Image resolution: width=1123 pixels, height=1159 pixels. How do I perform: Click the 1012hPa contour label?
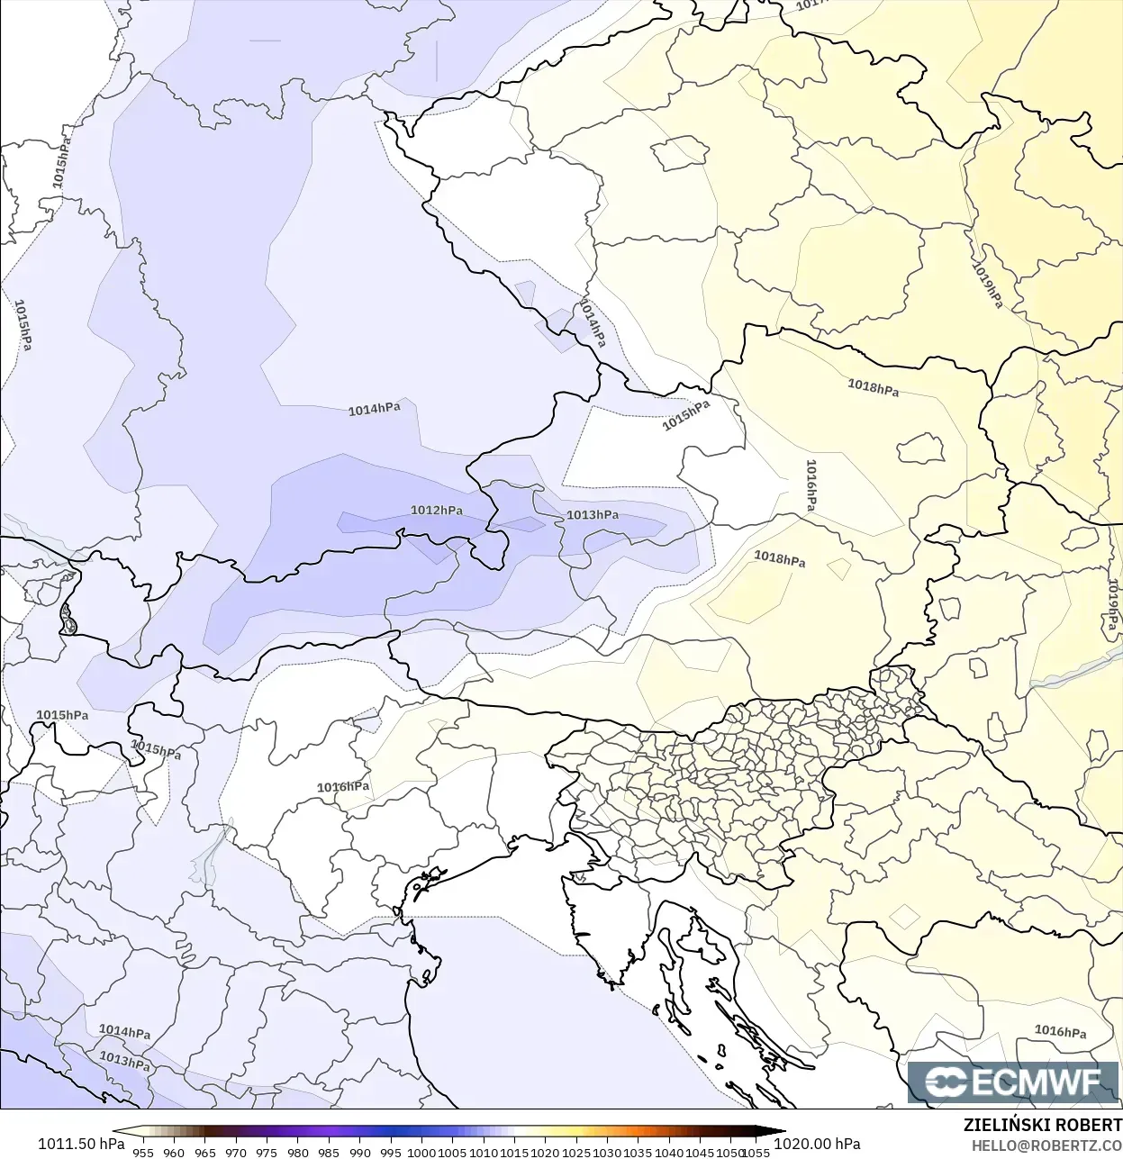[437, 511]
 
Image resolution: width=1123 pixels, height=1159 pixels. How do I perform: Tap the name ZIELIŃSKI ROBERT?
[1042, 1125]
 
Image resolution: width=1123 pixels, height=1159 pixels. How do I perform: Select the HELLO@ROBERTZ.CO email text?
[1046, 1145]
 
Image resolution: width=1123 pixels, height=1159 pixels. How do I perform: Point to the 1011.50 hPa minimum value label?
[81, 1144]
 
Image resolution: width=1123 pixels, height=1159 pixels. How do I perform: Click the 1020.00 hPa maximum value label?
[817, 1144]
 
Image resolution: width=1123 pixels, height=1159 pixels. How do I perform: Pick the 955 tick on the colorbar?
[143, 1152]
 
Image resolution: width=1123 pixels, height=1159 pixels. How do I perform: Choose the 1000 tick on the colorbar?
[421, 1152]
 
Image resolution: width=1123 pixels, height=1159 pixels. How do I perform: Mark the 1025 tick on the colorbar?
[576, 1152]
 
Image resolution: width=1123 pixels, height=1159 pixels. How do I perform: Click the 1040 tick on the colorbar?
[669, 1152]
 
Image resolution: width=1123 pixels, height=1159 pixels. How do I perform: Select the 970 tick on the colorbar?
[236, 1152]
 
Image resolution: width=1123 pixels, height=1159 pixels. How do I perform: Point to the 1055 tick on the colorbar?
[756, 1152]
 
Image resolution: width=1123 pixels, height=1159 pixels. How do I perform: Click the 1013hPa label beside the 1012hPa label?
[593, 515]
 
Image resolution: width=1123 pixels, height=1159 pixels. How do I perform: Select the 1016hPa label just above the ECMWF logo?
[1060, 1031]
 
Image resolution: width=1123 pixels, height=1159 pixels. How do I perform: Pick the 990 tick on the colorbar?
[359, 1152]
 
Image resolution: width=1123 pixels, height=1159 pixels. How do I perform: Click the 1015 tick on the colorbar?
[514, 1152]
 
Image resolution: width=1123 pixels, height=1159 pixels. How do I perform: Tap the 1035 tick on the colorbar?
[638, 1152]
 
